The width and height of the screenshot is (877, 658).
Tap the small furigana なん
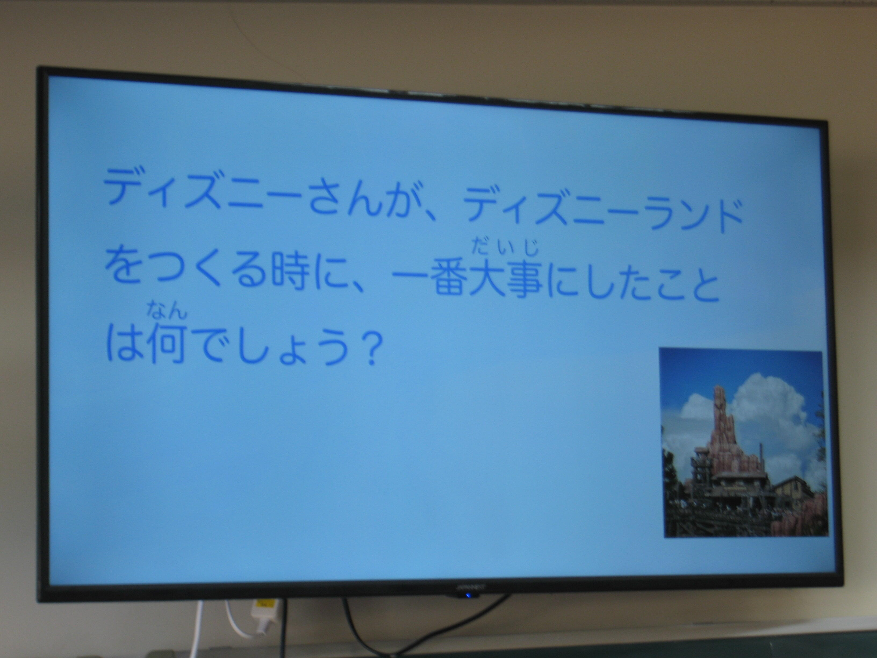tap(167, 310)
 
